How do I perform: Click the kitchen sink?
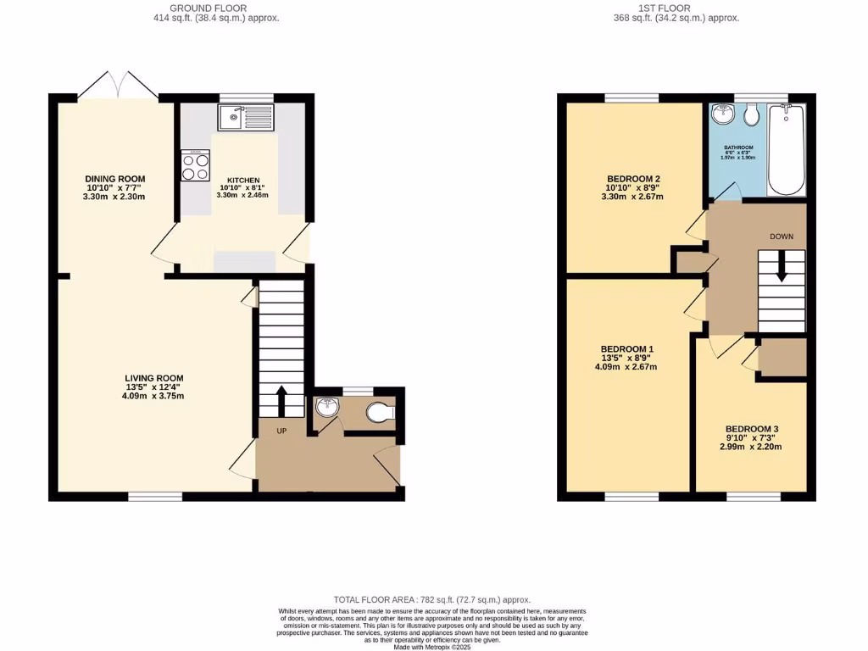click(245, 117)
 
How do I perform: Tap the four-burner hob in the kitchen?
click(195, 165)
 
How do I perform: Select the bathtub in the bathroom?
click(786, 150)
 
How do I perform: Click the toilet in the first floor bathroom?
click(750, 116)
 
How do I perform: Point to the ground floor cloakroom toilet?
click(380, 413)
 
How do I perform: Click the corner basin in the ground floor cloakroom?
click(325, 409)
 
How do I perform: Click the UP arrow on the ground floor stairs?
click(281, 398)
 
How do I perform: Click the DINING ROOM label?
click(114, 179)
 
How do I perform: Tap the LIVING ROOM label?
click(154, 378)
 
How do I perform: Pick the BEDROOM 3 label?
click(750, 429)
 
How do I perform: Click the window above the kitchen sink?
click(246, 97)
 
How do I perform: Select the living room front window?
click(155, 495)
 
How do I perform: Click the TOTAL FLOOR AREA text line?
click(433, 600)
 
